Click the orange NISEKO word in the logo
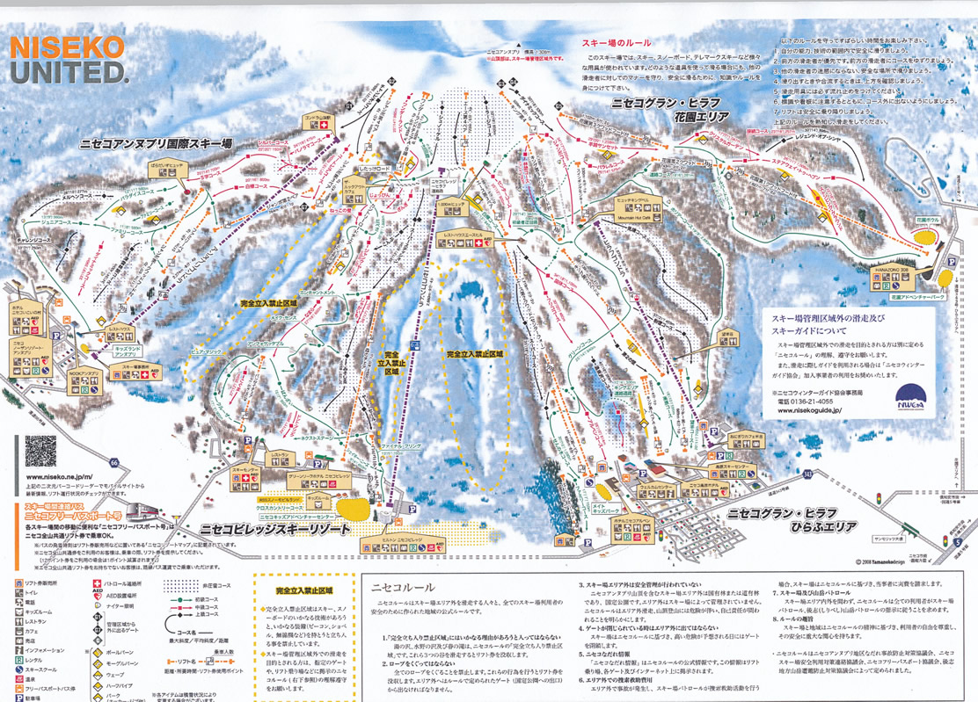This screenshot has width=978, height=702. pyautogui.click(x=66, y=46)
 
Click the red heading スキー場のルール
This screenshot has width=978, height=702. pyautogui.click(x=615, y=42)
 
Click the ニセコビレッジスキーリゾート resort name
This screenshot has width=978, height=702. pyautogui.click(x=275, y=530)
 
